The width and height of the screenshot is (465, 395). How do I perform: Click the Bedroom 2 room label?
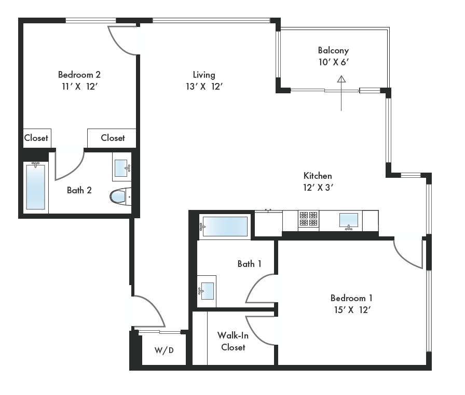(79, 75)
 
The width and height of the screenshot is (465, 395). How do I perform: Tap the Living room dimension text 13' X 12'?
(204, 87)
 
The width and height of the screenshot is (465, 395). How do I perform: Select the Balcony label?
(333, 50)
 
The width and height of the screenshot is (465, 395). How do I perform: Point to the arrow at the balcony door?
(341, 93)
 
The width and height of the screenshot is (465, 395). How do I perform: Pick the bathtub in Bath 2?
(36, 187)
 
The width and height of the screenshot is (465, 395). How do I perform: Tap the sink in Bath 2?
(121, 167)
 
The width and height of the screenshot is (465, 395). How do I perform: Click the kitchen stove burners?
(308, 219)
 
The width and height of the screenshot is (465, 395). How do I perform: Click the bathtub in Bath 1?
(224, 227)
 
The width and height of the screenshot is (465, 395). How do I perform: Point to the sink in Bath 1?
(207, 291)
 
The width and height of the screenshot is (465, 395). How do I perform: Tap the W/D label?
(164, 350)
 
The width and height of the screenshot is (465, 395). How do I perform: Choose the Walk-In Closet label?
(233, 342)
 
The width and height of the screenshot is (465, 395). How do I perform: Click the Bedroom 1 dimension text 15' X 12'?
(352, 310)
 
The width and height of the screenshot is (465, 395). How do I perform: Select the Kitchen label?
(318, 176)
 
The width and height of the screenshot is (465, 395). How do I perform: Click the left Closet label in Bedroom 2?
(36, 138)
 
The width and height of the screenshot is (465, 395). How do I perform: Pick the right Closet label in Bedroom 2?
(113, 138)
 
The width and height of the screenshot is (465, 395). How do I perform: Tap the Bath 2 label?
(79, 190)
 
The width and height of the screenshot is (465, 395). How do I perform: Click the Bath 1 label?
(250, 264)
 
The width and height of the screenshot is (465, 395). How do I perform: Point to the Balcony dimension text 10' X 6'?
(334, 62)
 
